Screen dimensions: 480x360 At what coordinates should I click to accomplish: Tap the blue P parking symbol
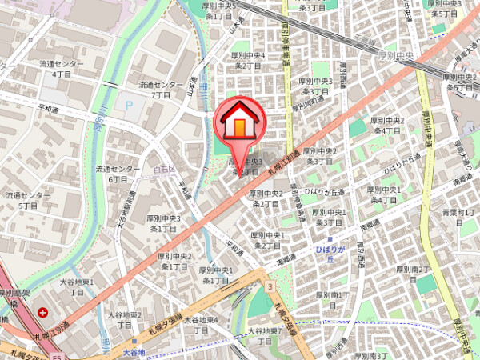(126, 104)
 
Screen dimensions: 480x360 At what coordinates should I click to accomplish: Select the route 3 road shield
(270, 286)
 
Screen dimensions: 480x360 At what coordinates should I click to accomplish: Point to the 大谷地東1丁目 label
(77, 287)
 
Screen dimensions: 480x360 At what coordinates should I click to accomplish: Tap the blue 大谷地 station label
(134, 352)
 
